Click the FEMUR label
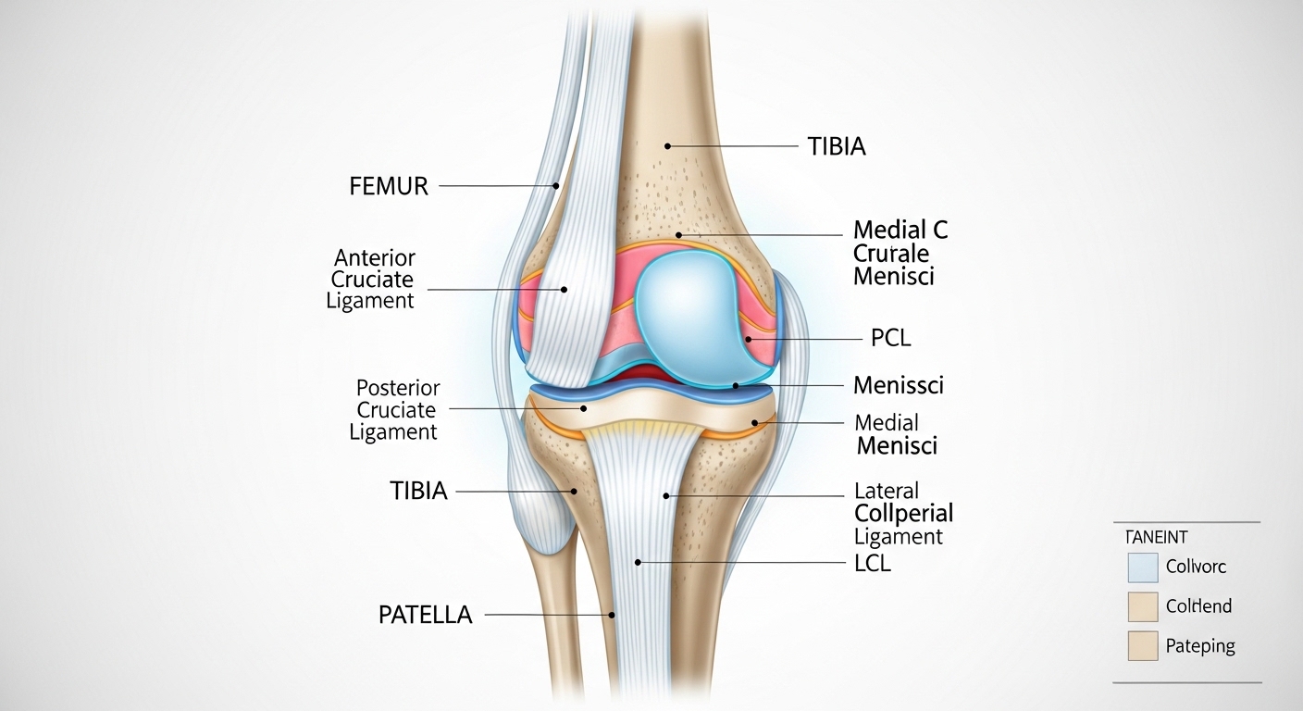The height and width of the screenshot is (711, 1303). [389, 186]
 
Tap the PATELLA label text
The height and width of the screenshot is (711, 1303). [425, 615]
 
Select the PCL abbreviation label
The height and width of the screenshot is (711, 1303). [890, 339]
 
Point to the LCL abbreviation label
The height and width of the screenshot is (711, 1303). [872, 562]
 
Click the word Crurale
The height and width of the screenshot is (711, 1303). [890, 253]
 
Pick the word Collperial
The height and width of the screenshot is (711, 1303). [903, 513]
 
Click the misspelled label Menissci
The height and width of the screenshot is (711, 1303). [898, 384]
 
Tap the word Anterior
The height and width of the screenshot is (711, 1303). [375, 257]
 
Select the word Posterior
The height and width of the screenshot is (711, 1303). [398, 388]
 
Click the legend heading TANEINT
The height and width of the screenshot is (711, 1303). [1157, 537]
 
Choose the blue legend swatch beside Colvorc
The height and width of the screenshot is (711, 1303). [1143, 567]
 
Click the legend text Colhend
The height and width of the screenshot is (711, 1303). [1198, 606]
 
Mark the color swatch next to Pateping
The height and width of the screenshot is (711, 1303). [1143, 646]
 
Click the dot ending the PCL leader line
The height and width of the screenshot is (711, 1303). [749, 340]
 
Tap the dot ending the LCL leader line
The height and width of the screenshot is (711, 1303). [638, 562]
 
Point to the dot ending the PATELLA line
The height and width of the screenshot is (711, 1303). [612, 614]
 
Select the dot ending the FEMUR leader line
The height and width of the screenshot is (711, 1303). [556, 186]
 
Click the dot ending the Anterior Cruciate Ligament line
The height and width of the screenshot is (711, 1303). [564, 290]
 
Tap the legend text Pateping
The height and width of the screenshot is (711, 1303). [1200, 646]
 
